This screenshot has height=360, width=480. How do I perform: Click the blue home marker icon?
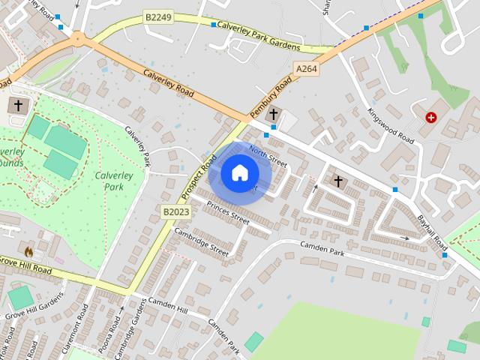pos(239,173)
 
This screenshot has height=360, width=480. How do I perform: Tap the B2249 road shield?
pos(158,16)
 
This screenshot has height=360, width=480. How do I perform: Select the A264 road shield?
pos(307,68)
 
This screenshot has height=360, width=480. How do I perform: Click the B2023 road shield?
pos(176,213)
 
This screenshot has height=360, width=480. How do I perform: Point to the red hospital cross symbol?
pos(431,118)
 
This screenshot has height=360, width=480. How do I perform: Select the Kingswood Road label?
pos(391,124)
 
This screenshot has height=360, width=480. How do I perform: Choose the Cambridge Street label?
pos(201,242)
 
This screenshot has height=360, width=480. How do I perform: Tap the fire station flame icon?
pos(29,251)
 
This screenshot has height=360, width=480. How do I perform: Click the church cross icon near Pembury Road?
pos(273,115)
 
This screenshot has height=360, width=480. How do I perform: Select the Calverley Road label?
pos(169,83)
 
